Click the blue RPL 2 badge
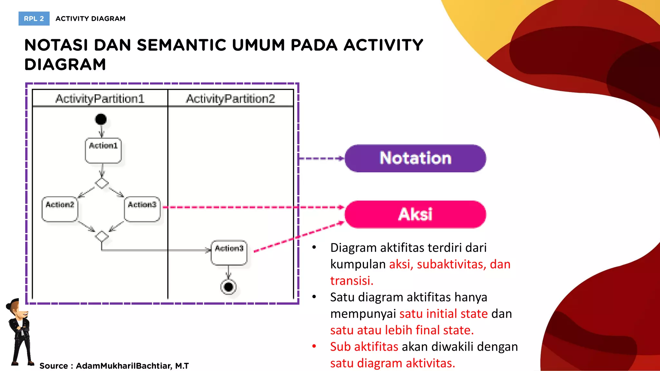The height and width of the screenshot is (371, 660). (x=34, y=19)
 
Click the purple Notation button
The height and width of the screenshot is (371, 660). (x=415, y=158)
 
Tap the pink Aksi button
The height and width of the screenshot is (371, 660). (x=415, y=214)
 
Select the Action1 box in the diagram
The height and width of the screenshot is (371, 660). (x=103, y=150)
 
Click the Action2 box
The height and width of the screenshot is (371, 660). (x=60, y=209)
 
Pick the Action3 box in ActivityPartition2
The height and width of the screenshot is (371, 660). (x=229, y=253)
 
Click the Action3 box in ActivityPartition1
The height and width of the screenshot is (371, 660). (x=142, y=209)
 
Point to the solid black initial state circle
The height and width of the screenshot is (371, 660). (x=101, y=119)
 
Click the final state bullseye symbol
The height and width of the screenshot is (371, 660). (x=228, y=287)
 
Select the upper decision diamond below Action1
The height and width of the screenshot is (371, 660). (x=102, y=183)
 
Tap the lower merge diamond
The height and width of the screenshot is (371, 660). (x=102, y=236)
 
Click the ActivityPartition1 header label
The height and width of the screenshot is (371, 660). (x=100, y=99)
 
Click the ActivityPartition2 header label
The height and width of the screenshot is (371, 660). (x=230, y=99)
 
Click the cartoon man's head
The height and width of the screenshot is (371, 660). (x=18, y=309)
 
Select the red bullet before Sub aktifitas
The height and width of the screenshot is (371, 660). (x=314, y=347)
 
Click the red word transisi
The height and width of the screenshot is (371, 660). (x=352, y=281)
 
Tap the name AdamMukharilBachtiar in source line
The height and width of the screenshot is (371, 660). (x=124, y=366)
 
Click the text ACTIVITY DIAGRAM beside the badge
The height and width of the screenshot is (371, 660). (x=91, y=19)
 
